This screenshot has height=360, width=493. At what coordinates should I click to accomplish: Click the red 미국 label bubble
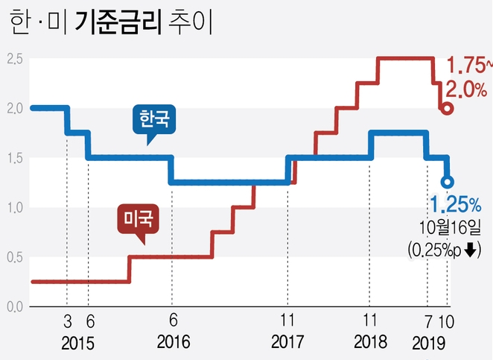pyautogui.click(x=136, y=219)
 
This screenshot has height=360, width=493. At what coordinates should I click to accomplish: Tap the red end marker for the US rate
pyautogui.click(x=447, y=108)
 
